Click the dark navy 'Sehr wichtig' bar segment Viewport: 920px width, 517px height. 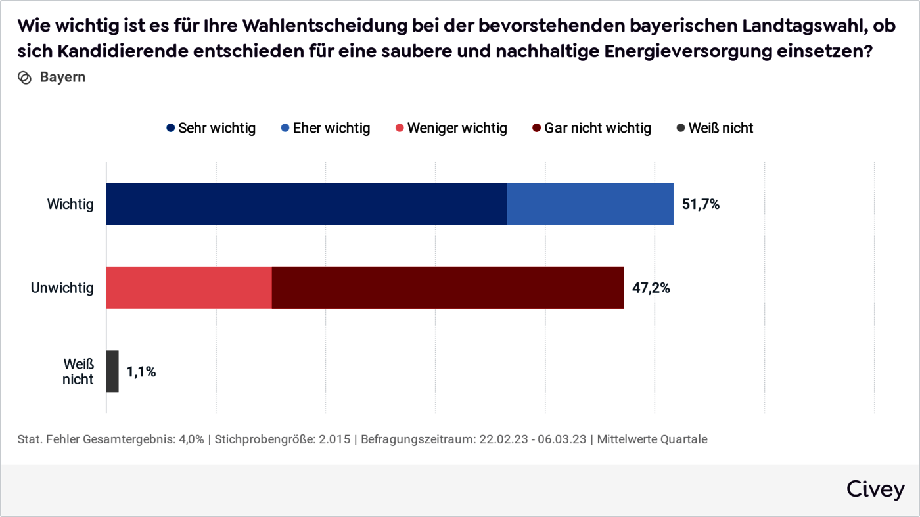pos(306,204)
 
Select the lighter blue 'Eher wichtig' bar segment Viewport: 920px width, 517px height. pos(590,204)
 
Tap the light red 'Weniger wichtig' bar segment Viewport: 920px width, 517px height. pos(189,288)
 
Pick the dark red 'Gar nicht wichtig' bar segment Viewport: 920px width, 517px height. pos(448,288)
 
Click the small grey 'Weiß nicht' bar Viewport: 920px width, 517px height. pos(112,371)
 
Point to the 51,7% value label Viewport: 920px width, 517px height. pos(701,204)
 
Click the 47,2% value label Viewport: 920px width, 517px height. pos(651,288)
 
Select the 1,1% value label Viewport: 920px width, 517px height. pos(141,372)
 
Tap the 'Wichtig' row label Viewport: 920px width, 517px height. pos(70,204)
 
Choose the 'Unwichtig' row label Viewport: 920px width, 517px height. pos(62,288)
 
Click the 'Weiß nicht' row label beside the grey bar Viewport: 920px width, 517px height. pos(78,371)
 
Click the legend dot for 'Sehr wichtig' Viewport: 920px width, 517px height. pos(171,129)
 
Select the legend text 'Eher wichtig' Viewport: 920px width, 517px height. pos(331,128)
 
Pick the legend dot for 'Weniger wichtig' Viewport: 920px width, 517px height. pos(400,129)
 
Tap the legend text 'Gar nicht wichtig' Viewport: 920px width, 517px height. pos(597,128)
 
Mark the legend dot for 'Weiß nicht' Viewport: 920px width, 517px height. pos(681,129)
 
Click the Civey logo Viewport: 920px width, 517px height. pos(875,489)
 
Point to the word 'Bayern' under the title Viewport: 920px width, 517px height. pos(62,78)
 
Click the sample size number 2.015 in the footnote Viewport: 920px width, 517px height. pos(335,439)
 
